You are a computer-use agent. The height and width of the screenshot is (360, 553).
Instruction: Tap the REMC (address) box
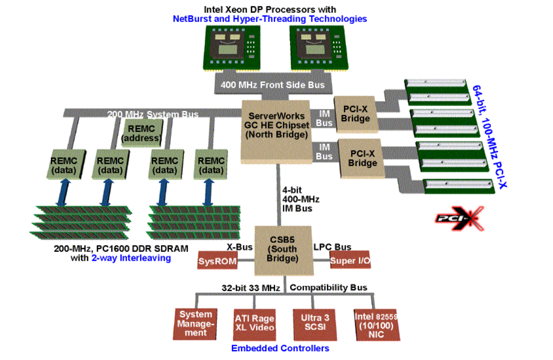(141, 133)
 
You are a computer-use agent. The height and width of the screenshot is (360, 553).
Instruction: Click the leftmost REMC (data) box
(64, 165)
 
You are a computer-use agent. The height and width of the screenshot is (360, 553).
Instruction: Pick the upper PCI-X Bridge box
(356, 114)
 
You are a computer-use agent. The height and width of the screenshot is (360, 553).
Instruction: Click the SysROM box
(218, 261)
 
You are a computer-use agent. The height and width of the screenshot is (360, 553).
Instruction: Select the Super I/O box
(350, 261)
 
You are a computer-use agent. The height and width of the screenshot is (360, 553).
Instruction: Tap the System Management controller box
(195, 324)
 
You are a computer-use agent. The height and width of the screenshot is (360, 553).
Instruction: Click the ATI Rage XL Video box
(254, 324)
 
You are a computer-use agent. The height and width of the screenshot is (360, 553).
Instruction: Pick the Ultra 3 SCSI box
(315, 324)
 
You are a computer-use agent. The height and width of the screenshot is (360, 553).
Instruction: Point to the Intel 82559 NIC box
(376, 325)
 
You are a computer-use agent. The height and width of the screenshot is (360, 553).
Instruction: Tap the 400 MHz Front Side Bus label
(273, 85)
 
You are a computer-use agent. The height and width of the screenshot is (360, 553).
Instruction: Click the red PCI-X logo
(459, 219)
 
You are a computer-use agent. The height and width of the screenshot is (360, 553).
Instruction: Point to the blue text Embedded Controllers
(280, 348)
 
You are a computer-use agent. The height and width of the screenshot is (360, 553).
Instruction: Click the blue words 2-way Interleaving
(131, 258)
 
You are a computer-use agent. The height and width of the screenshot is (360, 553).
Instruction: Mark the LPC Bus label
(332, 247)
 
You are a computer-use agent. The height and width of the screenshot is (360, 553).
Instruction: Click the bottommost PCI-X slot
(459, 186)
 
